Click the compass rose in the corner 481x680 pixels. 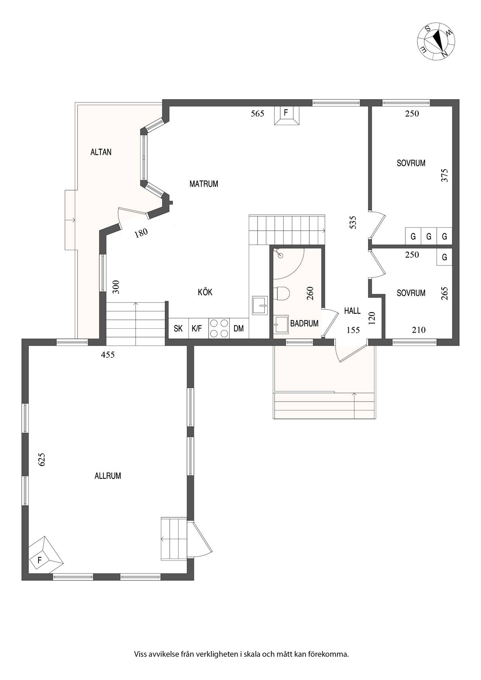tap(436, 41)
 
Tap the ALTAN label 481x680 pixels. tap(101, 152)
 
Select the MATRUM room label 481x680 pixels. tap(204, 184)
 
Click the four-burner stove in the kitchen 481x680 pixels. tap(219, 328)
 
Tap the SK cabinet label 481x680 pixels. tap(178, 329)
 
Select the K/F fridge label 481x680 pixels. tap(197, 329)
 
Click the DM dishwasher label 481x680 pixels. tap(239, 329)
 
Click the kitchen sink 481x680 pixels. tap(260, 305)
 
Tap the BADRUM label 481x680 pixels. tap(304, 324)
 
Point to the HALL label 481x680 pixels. tap(352, 311)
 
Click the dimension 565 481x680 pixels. tap(258, 113)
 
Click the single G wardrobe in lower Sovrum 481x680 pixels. tap(444, 257)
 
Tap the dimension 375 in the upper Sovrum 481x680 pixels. tap(444, 176)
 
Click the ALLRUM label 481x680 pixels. tap(108, 476)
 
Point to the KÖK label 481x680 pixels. tap(205, 292)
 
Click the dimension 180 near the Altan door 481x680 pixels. tap(141, 233)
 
